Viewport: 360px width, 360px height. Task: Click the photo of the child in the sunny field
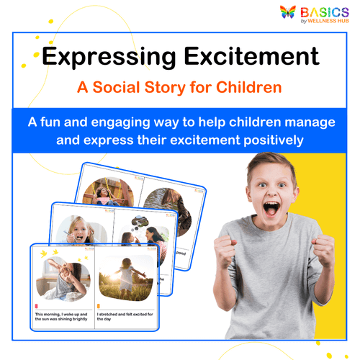click(x=126, y=280)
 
